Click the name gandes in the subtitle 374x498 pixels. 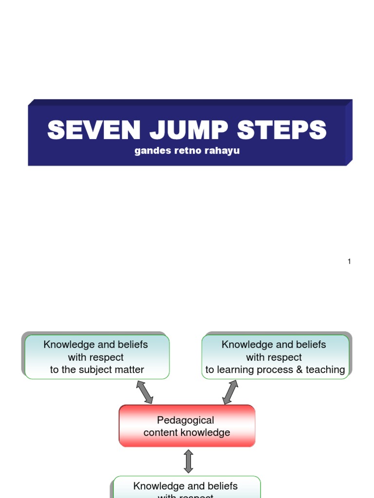point(150,151)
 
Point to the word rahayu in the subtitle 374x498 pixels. point(223,151)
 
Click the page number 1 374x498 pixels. point(349,262)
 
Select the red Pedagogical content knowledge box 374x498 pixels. point(187,426)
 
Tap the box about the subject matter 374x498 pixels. point(96,357)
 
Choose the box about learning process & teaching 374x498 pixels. point(276,357)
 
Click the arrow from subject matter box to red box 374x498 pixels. point(145,392)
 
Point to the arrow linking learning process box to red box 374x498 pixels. point(230,392)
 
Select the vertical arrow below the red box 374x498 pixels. point(188,461)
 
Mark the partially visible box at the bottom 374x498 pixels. point(187,487)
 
